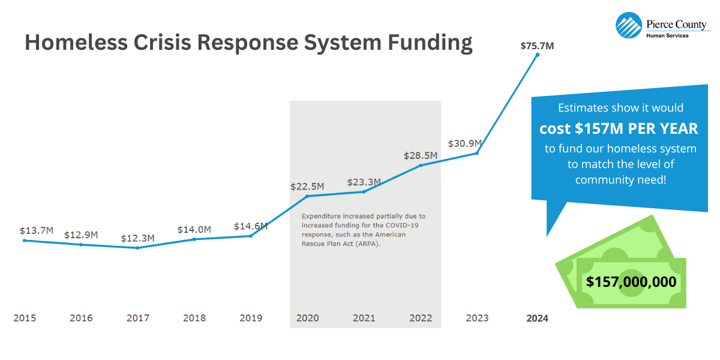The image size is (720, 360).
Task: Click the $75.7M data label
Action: (538, 46)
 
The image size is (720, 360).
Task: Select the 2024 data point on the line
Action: (538, 55)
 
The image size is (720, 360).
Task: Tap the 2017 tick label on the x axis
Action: (138, 318)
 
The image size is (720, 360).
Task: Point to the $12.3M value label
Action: (137, 238)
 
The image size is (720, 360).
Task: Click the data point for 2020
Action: (308, 196)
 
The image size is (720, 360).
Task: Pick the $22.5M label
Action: (307, 187)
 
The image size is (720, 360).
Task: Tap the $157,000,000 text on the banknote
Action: (631, 282)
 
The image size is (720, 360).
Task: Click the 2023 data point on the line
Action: (477, 153)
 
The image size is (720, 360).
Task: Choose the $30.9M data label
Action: (465, 144)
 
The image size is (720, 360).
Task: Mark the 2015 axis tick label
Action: (25, 318)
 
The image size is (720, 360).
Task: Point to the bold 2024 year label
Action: (537, 319)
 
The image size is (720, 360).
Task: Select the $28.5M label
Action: (420, 156)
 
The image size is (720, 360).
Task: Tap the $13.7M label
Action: (37, 230)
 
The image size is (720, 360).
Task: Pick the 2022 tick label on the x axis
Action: (421, 318)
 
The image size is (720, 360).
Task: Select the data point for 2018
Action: (194, 239)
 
